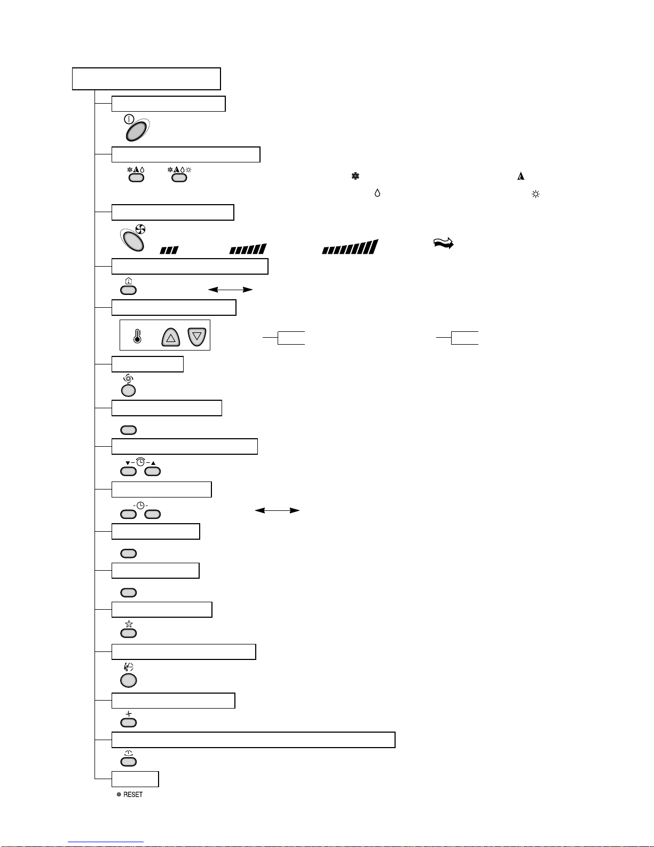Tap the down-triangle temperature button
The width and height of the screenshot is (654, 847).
tap(197, 337)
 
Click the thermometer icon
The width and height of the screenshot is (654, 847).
tap(137, 336)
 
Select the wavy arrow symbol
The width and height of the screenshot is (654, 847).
tap(444, 243)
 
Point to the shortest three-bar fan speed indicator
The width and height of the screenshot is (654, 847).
tap(169, 250)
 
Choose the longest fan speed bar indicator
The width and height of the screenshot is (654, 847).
tap(350, 247)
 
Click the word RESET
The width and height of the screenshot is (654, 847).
tap(133, 795)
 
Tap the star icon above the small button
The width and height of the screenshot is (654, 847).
tap(129, 624)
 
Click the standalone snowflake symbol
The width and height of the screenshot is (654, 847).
tap(356, 176)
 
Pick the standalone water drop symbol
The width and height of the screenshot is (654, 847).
tap(377, 193)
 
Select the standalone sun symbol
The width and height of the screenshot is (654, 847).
tap(535, 194)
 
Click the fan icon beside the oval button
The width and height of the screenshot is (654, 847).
tap(140, 229)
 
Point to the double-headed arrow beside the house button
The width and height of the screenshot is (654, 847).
tap(231, 290)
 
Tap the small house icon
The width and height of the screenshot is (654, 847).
tap(129, 281)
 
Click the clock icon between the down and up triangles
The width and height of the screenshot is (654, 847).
tap(140, 462)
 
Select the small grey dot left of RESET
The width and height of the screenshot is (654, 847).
tap(119, 795)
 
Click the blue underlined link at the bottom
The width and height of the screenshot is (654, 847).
tap(106, 842)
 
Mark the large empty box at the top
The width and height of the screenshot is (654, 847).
tap(146, 79)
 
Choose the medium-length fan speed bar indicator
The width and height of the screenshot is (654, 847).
tap(248, 248)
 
